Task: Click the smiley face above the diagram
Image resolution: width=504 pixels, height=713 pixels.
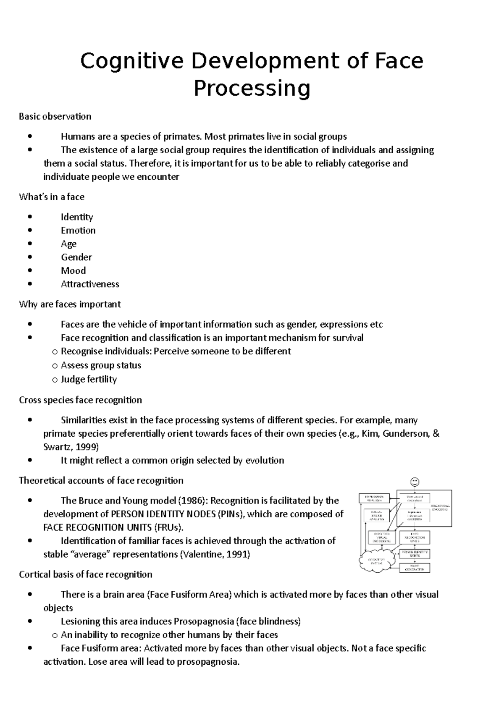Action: pyautogui.click(x=414, y=482)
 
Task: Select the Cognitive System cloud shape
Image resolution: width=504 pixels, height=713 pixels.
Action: pyautogui.click(x=375, y=562)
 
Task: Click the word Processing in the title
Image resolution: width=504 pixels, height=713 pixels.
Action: pyautogui.click(x=252, y=88)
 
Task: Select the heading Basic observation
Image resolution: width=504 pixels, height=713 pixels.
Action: pyautogui.click(x=55, y=116)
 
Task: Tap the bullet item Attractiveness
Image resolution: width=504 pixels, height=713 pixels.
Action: pyautogui.click(x=90, y=284)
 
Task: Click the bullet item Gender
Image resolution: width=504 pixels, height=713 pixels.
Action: pyautogui.click(x=76, y=257)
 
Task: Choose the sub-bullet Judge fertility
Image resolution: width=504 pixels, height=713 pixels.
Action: pyautogui.click(x=89, y=379)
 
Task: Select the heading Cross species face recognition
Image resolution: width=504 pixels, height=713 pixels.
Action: pyautogui.click(x=80, y=400)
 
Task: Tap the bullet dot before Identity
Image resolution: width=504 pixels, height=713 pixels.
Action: pyautogui.click(x=29, y=217)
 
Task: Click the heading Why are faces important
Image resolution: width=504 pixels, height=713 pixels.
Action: pyautogui.click(x=70, y=304)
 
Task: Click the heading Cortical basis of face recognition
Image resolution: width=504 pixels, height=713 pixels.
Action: pyautogui.click(x=86, y=574)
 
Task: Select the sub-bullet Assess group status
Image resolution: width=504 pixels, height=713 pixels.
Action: pyautogui.click(x=101, y=365)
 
